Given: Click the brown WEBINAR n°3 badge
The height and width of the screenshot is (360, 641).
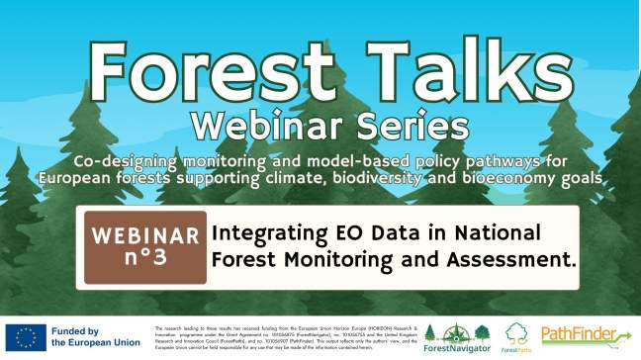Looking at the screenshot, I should click(x=145, y=247).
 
